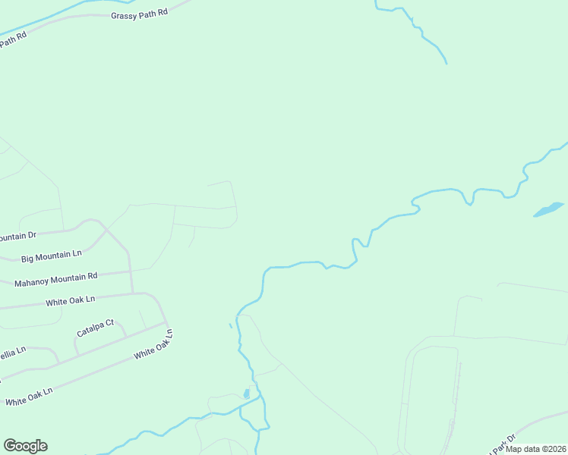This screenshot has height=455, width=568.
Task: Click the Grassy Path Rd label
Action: (x=139, y=14)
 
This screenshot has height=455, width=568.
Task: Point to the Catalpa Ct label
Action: (x=95, y=328)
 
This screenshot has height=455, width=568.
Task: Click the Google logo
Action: (x=25, y=446)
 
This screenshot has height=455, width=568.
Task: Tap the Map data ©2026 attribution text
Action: (x=536, y=449)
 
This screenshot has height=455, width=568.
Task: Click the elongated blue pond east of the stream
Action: (x=548, y=209)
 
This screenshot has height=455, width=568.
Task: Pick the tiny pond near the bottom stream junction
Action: (x=246, y=393)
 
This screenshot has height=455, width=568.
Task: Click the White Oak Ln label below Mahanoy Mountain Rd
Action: (x=70, y=301)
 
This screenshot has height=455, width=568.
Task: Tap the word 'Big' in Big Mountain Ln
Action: (x=28, y=259)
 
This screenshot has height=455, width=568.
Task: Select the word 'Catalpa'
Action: (x=90, y=329)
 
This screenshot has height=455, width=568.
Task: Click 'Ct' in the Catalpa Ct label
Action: (x=109, y=324)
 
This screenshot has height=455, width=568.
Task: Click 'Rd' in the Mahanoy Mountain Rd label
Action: (x=93, y=276)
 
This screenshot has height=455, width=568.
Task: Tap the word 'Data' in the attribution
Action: (x=530, y=449)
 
